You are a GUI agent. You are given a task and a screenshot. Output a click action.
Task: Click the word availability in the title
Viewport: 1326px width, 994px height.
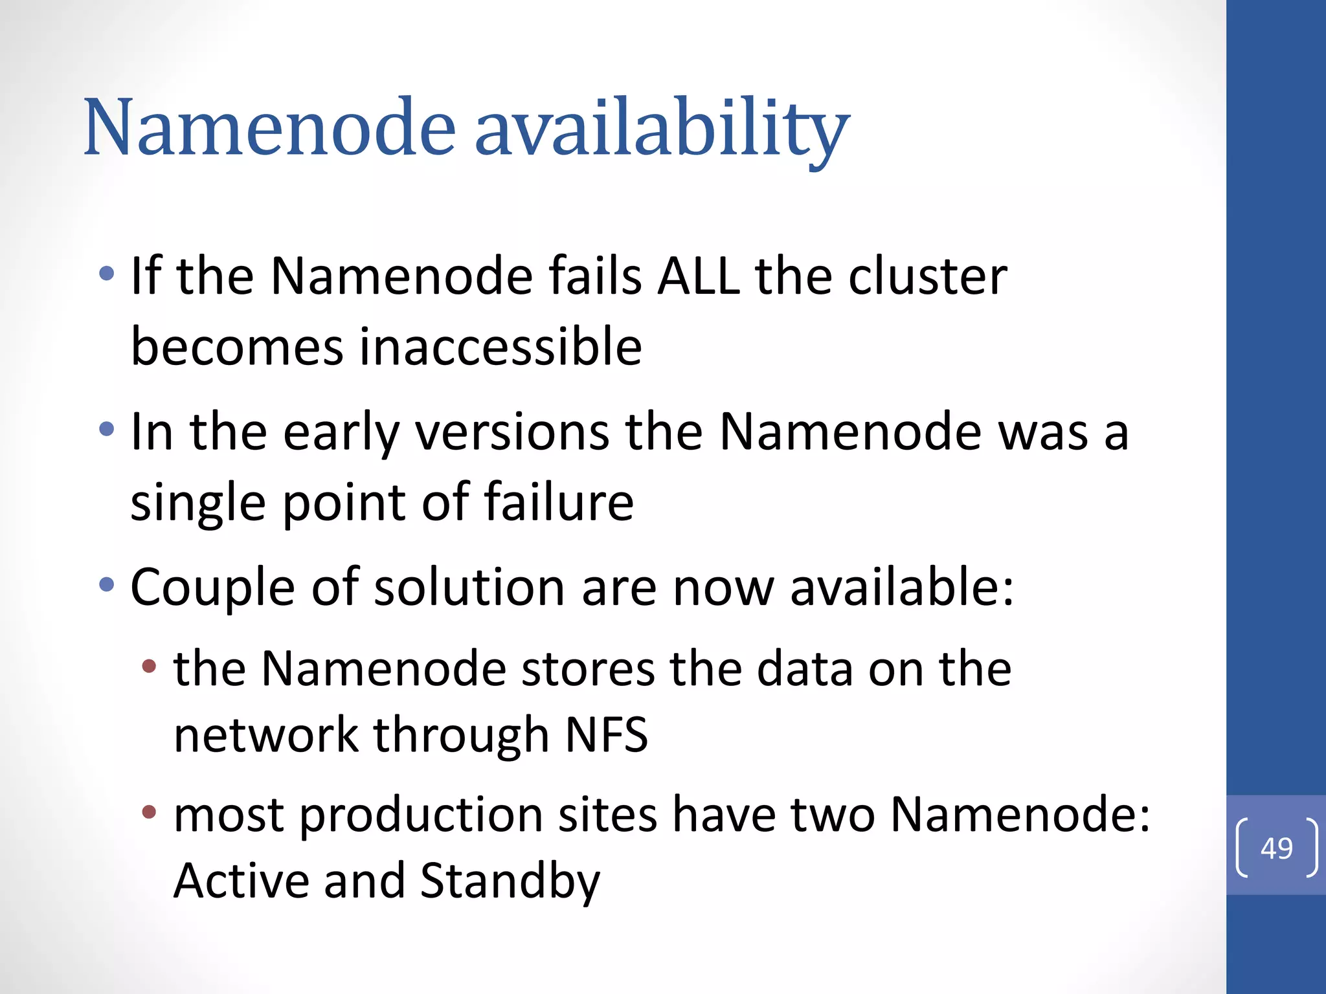pos(662,128)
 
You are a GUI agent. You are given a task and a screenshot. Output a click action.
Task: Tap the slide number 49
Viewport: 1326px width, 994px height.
pos(1276,848)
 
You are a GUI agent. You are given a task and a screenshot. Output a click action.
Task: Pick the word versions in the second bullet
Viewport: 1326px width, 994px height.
pos(512,432)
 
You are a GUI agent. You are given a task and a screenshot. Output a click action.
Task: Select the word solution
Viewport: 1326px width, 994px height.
pos(469,587)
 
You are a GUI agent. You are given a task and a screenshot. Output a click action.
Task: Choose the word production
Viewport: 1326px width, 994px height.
pos(421,815)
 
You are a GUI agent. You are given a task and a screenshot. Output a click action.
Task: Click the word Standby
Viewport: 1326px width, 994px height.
pos(510,881)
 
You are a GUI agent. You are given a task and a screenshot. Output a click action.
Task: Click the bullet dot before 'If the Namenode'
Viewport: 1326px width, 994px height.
pos(107,274)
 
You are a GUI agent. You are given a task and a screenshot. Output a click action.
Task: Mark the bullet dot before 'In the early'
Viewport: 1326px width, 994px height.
pos(107,428)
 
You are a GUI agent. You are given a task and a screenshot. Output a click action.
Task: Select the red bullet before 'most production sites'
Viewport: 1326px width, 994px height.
pos(150,812)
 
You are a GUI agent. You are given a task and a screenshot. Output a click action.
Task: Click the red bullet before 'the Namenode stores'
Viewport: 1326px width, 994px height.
pos(150,666)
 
